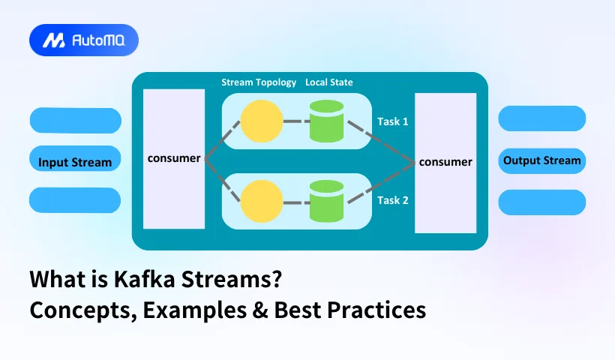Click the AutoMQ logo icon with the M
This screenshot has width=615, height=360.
click(x=52, y=40)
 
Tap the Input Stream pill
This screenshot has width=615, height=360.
click(x=75, y=162)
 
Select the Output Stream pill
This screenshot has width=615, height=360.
click(x=541, y=160)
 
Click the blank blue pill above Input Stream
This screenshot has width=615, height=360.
click(x=75, y=121)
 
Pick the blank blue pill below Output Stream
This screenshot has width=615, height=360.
click(x=541, y=202)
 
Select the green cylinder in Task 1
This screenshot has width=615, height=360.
click(x=326, y=121)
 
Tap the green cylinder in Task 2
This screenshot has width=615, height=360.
click(x=326, y=202)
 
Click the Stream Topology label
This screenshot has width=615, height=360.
click(x=259, y=82)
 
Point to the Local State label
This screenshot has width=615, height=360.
click(x=328, y=82)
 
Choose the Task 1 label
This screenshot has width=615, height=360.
click(x=392, y=121)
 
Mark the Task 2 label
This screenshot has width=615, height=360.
click(x=392, y=200)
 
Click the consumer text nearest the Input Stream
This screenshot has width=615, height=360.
click(x=174, y=158)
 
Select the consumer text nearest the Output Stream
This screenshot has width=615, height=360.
click(x=445, y=161)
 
